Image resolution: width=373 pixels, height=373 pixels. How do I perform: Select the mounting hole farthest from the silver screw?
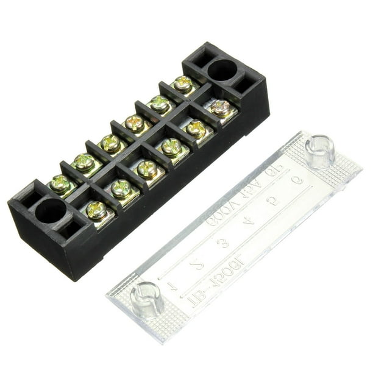(51, 211)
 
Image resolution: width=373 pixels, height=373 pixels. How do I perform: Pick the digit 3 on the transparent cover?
(224, 242)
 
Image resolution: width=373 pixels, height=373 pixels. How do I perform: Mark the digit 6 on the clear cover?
(297, 181)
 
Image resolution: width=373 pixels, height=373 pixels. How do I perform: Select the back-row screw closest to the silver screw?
(183, 83)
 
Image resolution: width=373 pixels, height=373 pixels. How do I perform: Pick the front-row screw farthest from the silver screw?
(97, 210)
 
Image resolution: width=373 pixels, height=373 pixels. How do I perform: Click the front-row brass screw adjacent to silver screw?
(196, 128)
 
